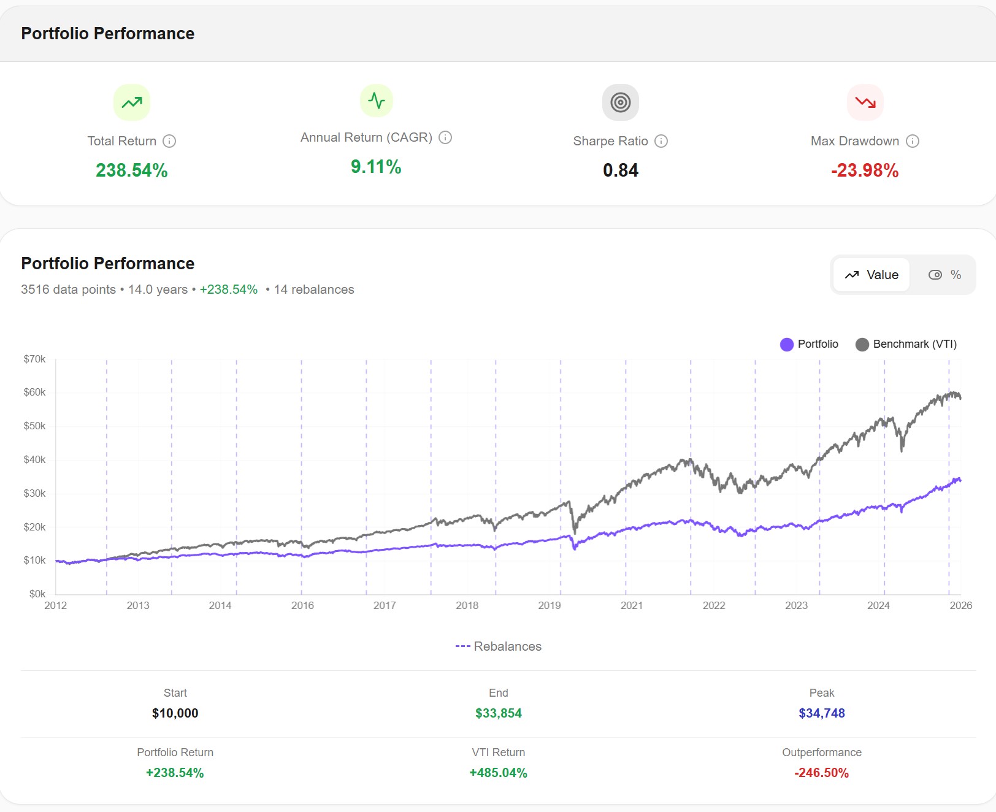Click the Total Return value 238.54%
coord(131,170)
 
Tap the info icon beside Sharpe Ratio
coord(661,141)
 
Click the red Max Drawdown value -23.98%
coord(864,170)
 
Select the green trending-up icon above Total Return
coord(131,102)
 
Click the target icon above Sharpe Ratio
coord(620,102)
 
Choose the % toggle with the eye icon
coord(944,275)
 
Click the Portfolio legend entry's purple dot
coord(786,345)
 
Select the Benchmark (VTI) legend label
coord(914,344)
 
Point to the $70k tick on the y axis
coord(34,359)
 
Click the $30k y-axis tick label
coord(34,493)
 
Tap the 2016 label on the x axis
coord(302,605)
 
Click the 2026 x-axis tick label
coord(960,605)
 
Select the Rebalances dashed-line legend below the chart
coord(499,646)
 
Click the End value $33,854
coord(498,713)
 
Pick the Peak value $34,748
coord(821,713)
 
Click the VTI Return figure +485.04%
coord(498,773)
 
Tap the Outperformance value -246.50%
coord(821,773)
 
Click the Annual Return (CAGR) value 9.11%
coord(376,167)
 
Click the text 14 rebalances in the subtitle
coord(313,289)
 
